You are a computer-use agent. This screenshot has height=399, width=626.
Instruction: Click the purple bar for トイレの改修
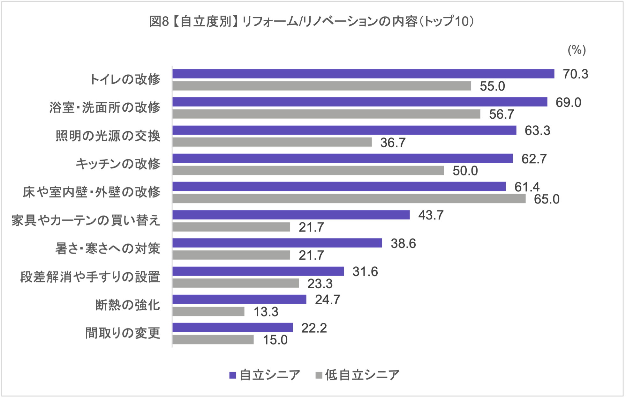(x=363, y=74)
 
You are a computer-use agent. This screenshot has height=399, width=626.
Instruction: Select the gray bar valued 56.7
(x=326, y=114)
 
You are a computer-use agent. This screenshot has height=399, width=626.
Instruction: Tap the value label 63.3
(x=538, y=130)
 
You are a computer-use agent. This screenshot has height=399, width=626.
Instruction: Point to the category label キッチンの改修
(x=118, y=164)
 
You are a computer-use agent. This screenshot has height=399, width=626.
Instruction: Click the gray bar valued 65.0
(x=349, y=199)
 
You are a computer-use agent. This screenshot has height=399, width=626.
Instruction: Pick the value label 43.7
(x=431, y=215)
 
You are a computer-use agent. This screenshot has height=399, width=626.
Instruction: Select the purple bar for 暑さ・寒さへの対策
(x=277, y=243)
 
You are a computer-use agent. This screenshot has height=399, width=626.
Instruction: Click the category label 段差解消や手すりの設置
(x=90, y=277)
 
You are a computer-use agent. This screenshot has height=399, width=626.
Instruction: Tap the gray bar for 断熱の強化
(x=208, y=312)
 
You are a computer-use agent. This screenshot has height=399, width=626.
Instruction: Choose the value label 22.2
(x=314, y=328)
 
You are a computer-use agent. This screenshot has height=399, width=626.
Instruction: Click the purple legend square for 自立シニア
(x=233, y=375)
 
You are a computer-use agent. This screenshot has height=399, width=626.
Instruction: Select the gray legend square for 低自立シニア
(x=319, y=375)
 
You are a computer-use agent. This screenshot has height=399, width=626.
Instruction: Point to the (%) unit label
(x=577, y=50)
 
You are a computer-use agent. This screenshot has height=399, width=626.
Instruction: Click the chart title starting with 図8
(x=312, y=22)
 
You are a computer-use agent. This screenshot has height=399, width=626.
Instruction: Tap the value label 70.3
(x=576, y=74)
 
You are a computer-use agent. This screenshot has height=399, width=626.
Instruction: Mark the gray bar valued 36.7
(x=272, y=142)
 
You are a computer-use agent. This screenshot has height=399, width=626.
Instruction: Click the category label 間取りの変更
(x=123, y=333)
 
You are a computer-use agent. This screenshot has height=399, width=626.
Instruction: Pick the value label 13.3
(x=266, y=312)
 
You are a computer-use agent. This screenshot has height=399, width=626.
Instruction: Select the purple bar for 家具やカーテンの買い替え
(x=291, y=215)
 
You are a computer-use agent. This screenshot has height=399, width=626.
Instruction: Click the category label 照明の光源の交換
(x=108, y=136)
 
